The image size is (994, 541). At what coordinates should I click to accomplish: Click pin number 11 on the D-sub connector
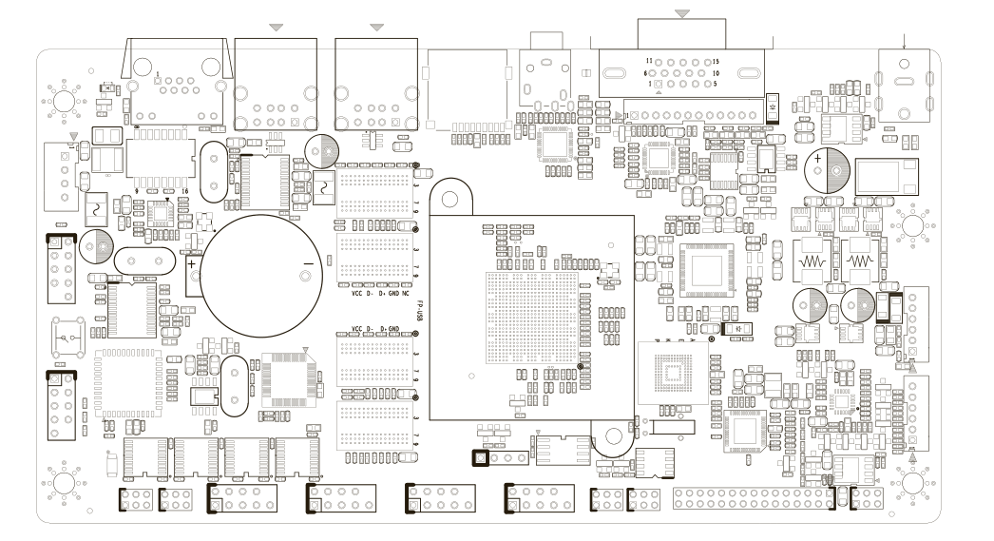(x=649, y=60)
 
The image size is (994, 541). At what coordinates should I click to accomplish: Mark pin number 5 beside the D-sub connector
(x=710, y=85)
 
